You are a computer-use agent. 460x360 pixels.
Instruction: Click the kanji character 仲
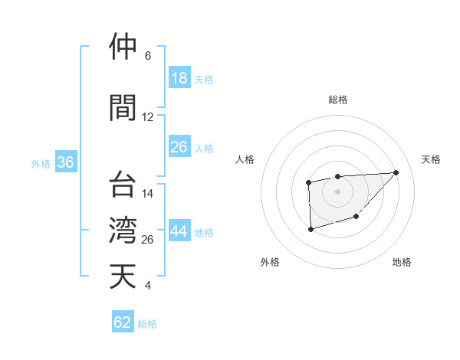pos(123,47)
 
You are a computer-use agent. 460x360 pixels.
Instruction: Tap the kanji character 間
pos(123,108)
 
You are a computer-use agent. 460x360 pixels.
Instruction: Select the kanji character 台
pos(123,185)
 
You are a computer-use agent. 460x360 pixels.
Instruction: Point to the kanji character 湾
pos(123,230)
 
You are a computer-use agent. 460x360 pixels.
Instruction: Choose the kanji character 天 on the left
pos(123,276)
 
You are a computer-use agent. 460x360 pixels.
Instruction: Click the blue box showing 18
pos(179,79)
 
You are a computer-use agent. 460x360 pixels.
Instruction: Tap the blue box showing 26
pos(179,146)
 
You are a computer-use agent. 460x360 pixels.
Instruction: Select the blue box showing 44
pos(179,232)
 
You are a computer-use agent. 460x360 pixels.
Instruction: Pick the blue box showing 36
pos(65,163)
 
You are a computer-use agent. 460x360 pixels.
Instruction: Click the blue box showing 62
pos(123,322)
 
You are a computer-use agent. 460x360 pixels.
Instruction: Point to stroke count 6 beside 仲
pos(147,56)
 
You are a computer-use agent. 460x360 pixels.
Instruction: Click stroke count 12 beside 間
pos(148,117)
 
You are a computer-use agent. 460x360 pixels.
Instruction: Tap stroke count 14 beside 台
pos(148,194)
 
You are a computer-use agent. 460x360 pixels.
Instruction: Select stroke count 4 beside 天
pos(147,286)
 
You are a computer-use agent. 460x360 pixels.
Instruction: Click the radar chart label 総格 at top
pos(337,100)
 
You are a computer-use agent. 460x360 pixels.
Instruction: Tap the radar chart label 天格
pos(432,159)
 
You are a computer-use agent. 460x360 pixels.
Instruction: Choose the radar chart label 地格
pos(402,262)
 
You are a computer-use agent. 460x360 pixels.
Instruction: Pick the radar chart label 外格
pos(270,262)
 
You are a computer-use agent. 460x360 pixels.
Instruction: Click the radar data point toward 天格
pos(396,172)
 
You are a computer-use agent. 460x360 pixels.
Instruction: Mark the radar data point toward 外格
pos(310,228)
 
